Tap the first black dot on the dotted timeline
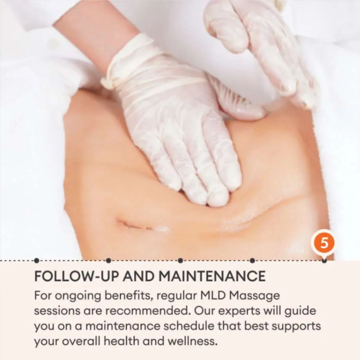click(36, 261)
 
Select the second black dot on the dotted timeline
click(109, 261)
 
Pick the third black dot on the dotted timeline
click(181, 261)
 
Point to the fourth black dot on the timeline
click(253, 261)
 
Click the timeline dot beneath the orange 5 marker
click(324, 261)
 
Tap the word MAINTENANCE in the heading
click(211, 276)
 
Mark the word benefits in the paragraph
click(129, 296)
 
